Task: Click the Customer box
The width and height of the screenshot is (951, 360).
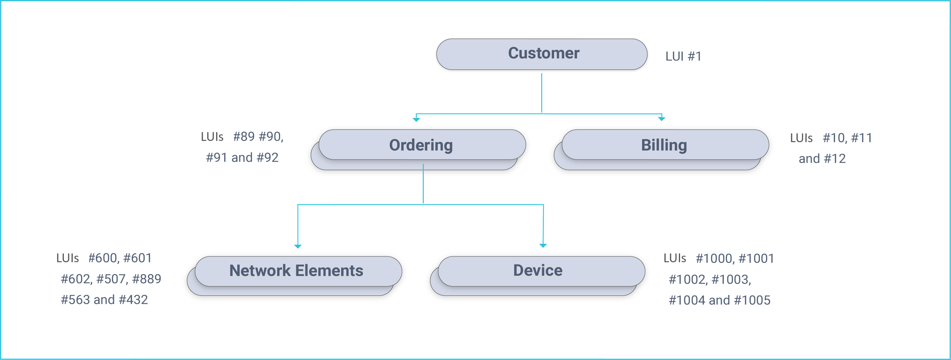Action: pos(542,54)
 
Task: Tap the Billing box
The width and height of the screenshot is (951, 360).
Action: pos(665,145)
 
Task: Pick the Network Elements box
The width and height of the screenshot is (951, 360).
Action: pos(297,271)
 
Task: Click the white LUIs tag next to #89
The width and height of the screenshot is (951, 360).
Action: pos(212,137)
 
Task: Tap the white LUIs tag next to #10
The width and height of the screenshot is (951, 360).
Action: pos(801,138)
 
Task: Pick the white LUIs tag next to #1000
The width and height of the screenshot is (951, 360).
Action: pos(675,258)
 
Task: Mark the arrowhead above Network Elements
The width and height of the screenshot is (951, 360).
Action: pos(298,246)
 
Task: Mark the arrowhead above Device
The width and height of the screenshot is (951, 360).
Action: pos(543,245)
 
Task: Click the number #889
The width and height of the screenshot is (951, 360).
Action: pos(147,279)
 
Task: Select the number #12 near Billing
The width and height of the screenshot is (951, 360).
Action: pos(834,159)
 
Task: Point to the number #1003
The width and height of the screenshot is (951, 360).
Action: pos(730,280)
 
